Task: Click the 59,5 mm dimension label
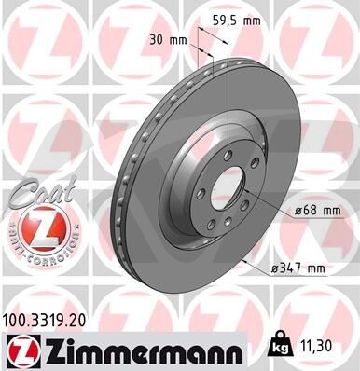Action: pyautogui.click(x=236, y=21)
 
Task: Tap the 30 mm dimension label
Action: pyautogui.click(x=168, y=40)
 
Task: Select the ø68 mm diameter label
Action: pyautogui.click(x=317, y=211)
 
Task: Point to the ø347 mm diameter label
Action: pyautogui.click(x=298, y=268)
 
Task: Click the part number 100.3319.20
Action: pyautogui.click(x=44, y=321)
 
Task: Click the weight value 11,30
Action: pyautogui.click(x=316, y=345)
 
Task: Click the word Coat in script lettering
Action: pyautogui.click(x=44, y=192)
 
